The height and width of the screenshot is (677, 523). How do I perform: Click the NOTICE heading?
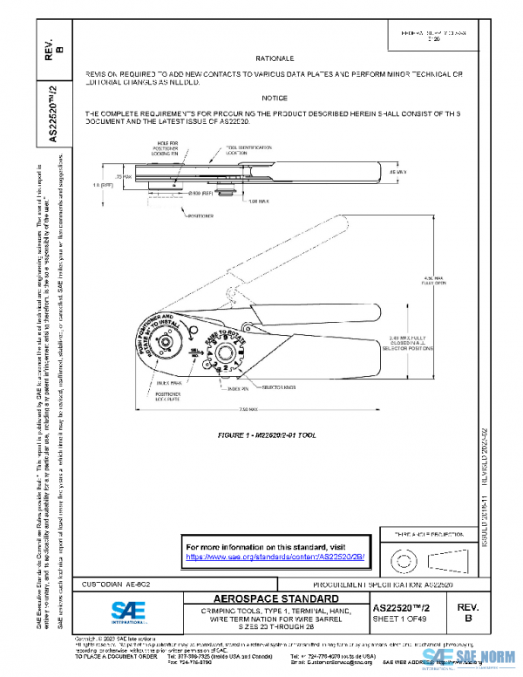click(x=273, y=99)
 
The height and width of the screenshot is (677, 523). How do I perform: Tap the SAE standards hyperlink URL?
click(x=275, y=555)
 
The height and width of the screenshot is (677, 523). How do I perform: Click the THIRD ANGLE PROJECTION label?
click(x=418, y=532)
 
